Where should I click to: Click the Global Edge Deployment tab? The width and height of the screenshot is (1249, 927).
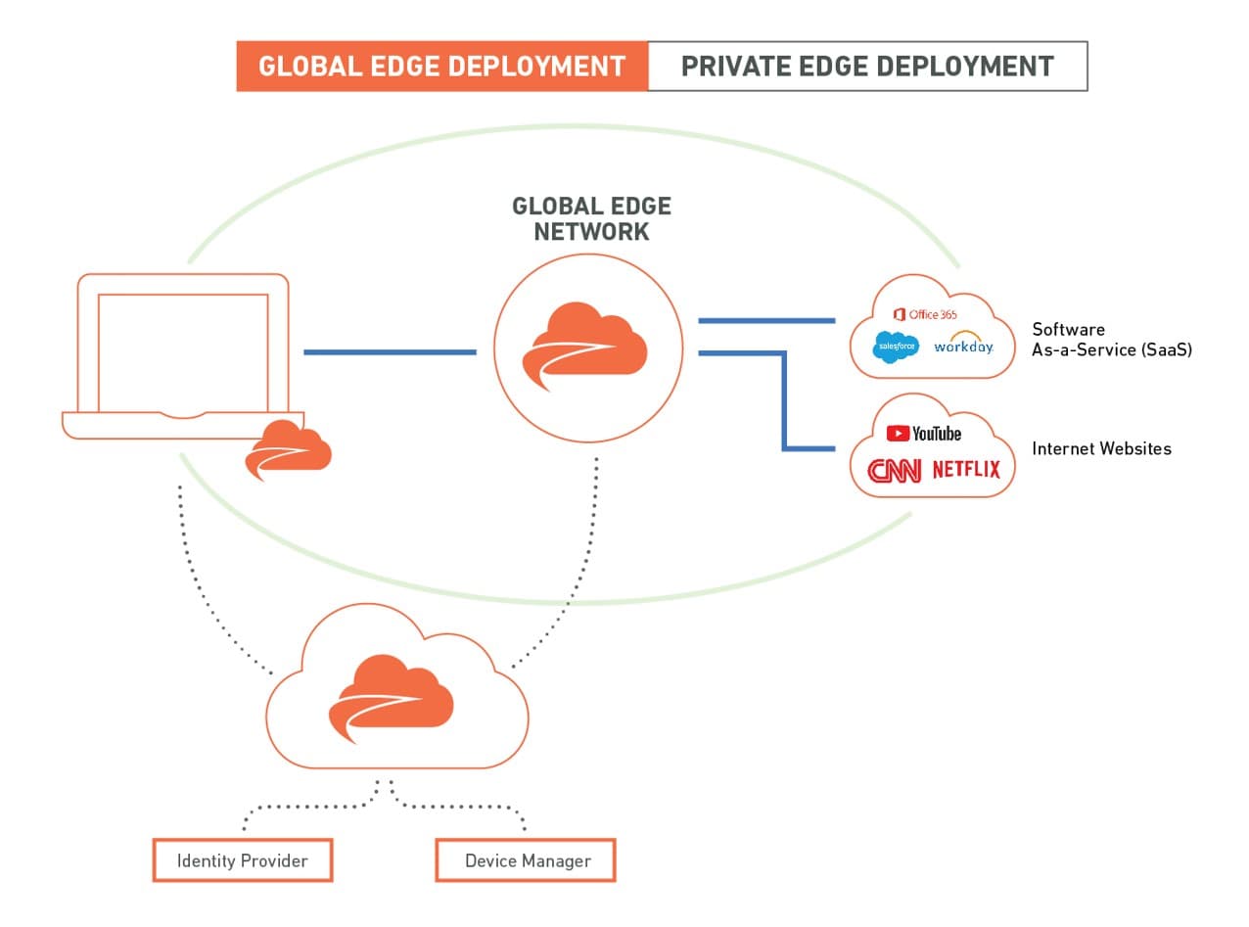click(441, 67)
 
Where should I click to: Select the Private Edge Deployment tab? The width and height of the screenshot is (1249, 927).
click(867, 67)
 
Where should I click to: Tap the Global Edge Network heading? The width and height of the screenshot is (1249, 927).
click(591, 218)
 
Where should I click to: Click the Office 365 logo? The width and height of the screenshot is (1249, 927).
click(925, 314)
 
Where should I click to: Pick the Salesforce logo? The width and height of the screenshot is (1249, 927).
click(896, 347)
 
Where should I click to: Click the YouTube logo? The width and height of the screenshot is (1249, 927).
click(924, 433)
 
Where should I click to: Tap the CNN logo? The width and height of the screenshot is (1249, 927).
click(894, 471)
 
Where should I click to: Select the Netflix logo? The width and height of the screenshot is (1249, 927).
click(966, 470)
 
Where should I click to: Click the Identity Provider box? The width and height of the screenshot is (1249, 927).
click(243, 860)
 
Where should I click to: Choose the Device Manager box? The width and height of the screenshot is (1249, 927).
click(527, 860)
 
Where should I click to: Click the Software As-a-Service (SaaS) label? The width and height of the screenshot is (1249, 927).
click(1111, 340)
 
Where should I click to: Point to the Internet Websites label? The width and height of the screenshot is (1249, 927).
click(1101, 448)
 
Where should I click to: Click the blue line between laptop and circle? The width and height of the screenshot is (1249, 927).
click(390, 351)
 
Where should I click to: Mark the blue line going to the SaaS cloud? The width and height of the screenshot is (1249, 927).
click(765, 320)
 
